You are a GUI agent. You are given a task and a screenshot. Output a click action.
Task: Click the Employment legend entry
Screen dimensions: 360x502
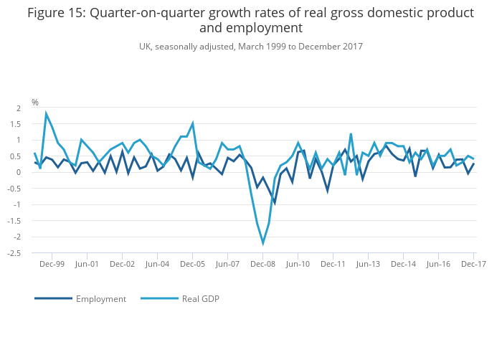tap(101, 299)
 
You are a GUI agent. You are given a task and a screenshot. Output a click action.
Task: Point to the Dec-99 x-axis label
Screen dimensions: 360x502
tap(52, 264)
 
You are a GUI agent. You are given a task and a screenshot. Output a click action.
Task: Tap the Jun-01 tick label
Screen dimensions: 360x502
tap(87, 264)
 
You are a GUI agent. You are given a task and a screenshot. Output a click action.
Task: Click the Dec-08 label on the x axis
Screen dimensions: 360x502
tap(263, 264)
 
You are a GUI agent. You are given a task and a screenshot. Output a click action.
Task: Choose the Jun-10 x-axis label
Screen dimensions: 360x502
tap(298, 264)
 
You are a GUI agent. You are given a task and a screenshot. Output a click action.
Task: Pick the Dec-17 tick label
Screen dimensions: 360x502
tap(473, 264)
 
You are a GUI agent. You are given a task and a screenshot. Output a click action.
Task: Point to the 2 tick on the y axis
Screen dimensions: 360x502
tap(19, 108)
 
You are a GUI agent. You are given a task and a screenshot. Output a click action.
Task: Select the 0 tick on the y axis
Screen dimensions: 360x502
tap(19, 173)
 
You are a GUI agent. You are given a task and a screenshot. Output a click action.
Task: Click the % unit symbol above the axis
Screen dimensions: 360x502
tap(34, 103)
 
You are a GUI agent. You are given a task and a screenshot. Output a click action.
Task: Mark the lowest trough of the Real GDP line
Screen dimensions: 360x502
tap(263, 243)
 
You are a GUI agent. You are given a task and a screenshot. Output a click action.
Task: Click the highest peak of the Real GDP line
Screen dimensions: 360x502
tap(47, 113)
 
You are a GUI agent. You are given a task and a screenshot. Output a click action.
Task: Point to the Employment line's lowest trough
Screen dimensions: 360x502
tap(275, 203)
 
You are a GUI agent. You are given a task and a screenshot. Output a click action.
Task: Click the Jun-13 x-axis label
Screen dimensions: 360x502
tap(368, 264)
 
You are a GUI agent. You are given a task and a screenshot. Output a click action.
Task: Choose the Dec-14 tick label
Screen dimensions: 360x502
tap(403, 264)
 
